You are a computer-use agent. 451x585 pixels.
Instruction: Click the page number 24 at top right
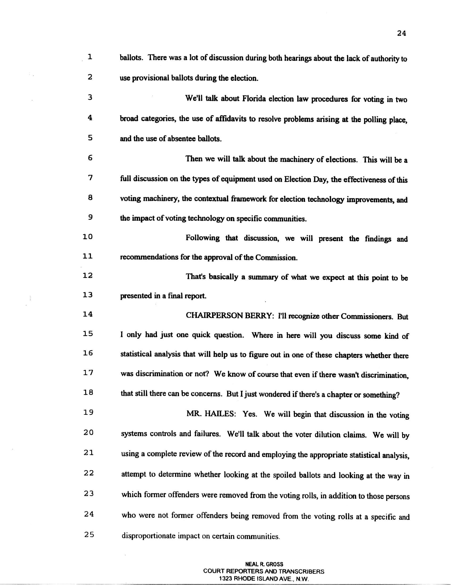tap(402, 34)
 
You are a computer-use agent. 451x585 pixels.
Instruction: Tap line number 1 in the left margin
tap(90, 57)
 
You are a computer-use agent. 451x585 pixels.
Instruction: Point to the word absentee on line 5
tap(183, 139)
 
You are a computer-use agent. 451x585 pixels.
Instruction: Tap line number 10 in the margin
tap(87, 237)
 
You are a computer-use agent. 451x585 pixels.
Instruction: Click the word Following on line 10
tap(202, 238)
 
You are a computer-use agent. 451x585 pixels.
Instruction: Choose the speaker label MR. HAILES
tap(211, 414)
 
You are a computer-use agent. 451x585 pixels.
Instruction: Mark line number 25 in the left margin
tap(89, 535)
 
